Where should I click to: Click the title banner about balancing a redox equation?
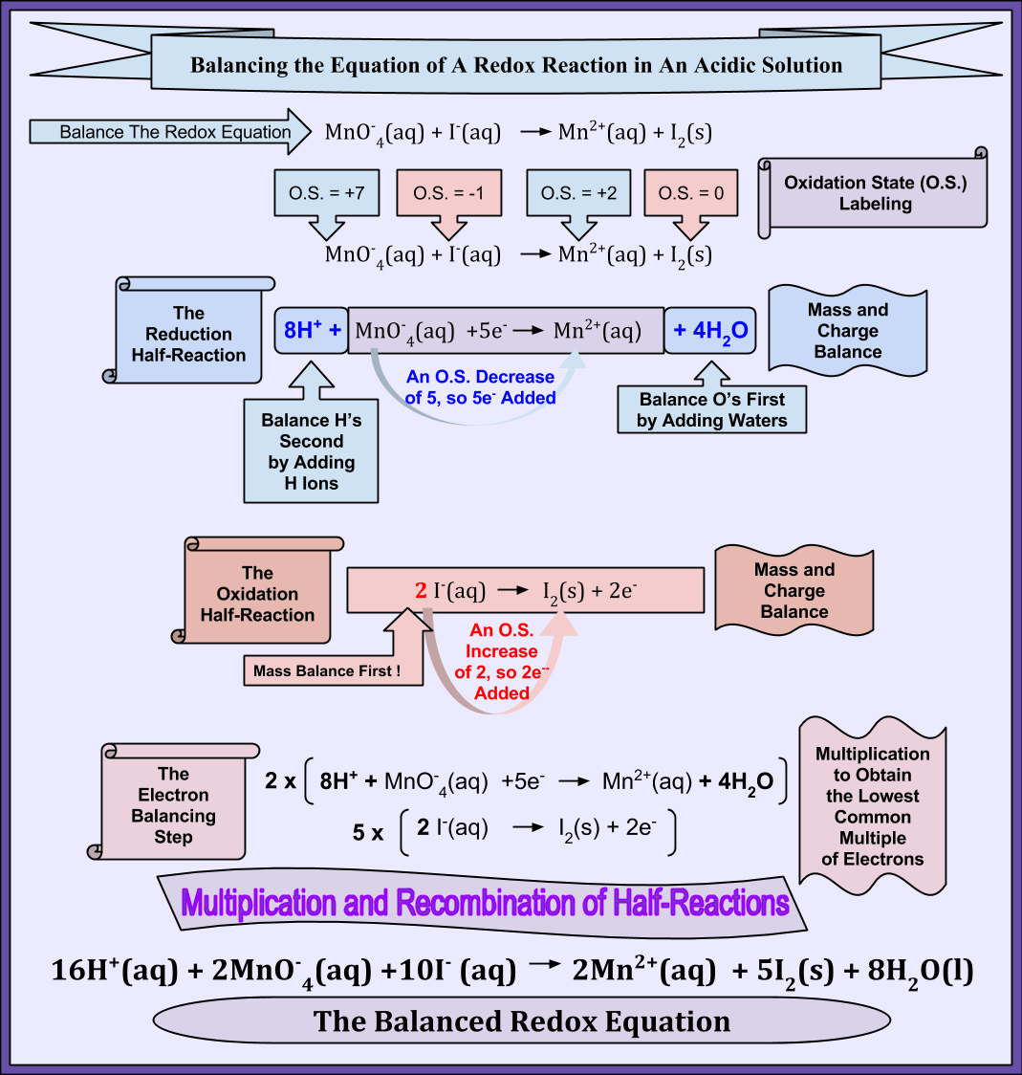tap(516, 65)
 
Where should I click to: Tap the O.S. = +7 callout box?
tap(327, 194)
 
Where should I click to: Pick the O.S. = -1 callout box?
tap(448, 194)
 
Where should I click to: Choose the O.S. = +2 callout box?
tap(578, 194)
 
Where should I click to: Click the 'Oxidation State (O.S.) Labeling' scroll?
tap(875, 192)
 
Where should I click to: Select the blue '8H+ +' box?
tap(312, 331)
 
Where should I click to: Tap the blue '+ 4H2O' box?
tap(709, 331)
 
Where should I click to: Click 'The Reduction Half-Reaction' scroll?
tap(189, 334)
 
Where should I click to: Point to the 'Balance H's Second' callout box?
tap(311, 451)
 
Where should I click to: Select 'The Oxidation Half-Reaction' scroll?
tap(257, 594)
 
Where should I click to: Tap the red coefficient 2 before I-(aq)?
tap(420, 591)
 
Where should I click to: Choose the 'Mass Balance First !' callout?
tap(328, 670)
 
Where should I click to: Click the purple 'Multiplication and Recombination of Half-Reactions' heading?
tap(486, 903)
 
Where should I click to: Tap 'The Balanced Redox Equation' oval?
tap(522, 1021)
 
